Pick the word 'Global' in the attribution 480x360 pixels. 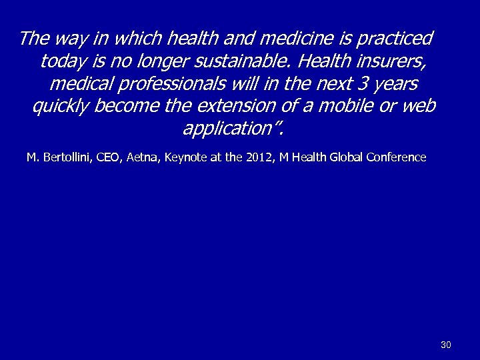coord(345,158)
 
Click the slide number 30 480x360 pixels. coord(446,345)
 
